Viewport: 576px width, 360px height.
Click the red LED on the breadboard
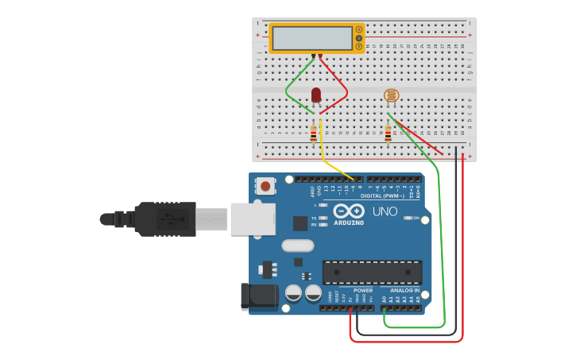tap(316, 95)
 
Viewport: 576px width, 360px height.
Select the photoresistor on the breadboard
tap(391, 96)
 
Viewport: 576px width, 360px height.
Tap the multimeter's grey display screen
tap(311, 37)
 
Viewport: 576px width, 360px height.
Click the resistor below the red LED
tap(314, 133)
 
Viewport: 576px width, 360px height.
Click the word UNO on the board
tap(385, 211)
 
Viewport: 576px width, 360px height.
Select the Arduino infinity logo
tap(349, 211)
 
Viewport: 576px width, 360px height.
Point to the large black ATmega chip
tap(372, 272)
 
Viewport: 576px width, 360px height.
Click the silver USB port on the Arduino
tap(253, 219)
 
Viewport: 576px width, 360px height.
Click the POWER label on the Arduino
tap(362, 291)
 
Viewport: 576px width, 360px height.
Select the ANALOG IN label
tap(404, 291)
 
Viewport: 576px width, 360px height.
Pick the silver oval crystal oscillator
tap(298, 246)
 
